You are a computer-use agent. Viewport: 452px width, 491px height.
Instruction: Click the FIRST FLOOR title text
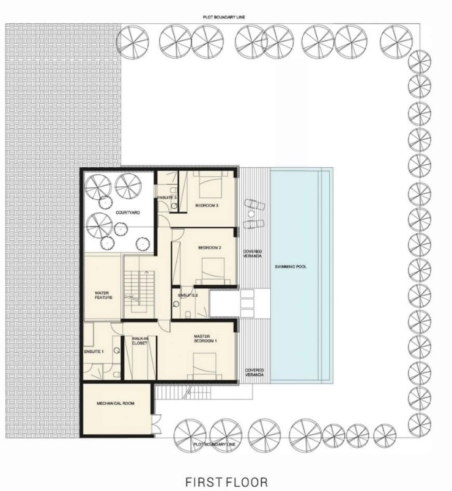click(x=226, y=482)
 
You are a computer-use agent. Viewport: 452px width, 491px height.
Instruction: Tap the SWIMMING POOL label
click(x=291, y=267)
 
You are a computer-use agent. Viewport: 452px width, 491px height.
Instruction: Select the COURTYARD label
click(x=128, y=213)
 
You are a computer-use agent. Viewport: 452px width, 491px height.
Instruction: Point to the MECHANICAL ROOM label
click(x=116, y=403)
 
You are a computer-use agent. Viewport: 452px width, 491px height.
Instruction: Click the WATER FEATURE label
click(x=103, y=296)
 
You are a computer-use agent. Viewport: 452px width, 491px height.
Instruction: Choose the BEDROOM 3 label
click(x=207, y=205)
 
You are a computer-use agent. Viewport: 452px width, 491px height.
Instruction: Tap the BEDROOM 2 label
click(x=210, y=248)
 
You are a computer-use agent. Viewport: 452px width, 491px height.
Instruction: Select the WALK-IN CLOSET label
click(x=139, y=341)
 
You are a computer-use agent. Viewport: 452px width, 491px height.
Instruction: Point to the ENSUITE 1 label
click(x=94, y=352)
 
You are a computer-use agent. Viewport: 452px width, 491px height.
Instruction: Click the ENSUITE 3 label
click(x=167, y=198)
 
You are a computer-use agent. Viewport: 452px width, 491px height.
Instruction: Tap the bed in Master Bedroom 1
click(x=204, y=366)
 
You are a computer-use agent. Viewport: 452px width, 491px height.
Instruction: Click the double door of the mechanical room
click(x=157, y=424)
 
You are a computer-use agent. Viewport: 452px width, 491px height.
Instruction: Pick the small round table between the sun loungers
click(x=251, y=214)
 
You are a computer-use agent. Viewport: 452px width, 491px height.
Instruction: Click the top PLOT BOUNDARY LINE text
click(x=224, y=17)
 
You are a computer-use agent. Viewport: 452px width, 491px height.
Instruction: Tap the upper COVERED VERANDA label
click(x=253, y=253)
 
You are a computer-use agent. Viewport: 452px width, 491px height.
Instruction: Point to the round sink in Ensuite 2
click(x=176, y=304)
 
